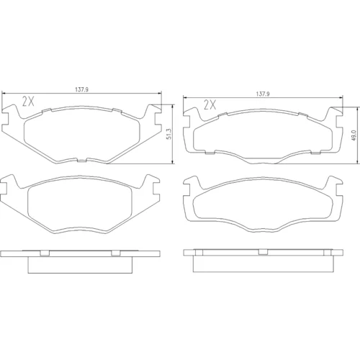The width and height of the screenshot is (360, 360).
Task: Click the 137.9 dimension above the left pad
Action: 82,90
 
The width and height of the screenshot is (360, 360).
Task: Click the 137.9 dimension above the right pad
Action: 263,94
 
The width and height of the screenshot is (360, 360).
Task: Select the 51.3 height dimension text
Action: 169,134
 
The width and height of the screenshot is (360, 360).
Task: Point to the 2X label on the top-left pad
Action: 28,102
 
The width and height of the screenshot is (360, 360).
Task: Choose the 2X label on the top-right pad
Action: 210,105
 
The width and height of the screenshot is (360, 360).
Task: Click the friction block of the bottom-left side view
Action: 80,265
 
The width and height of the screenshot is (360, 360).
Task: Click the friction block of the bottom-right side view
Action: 263,264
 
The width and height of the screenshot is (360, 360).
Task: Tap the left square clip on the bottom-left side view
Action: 45,253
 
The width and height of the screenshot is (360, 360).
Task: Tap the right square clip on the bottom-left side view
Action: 116,253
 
